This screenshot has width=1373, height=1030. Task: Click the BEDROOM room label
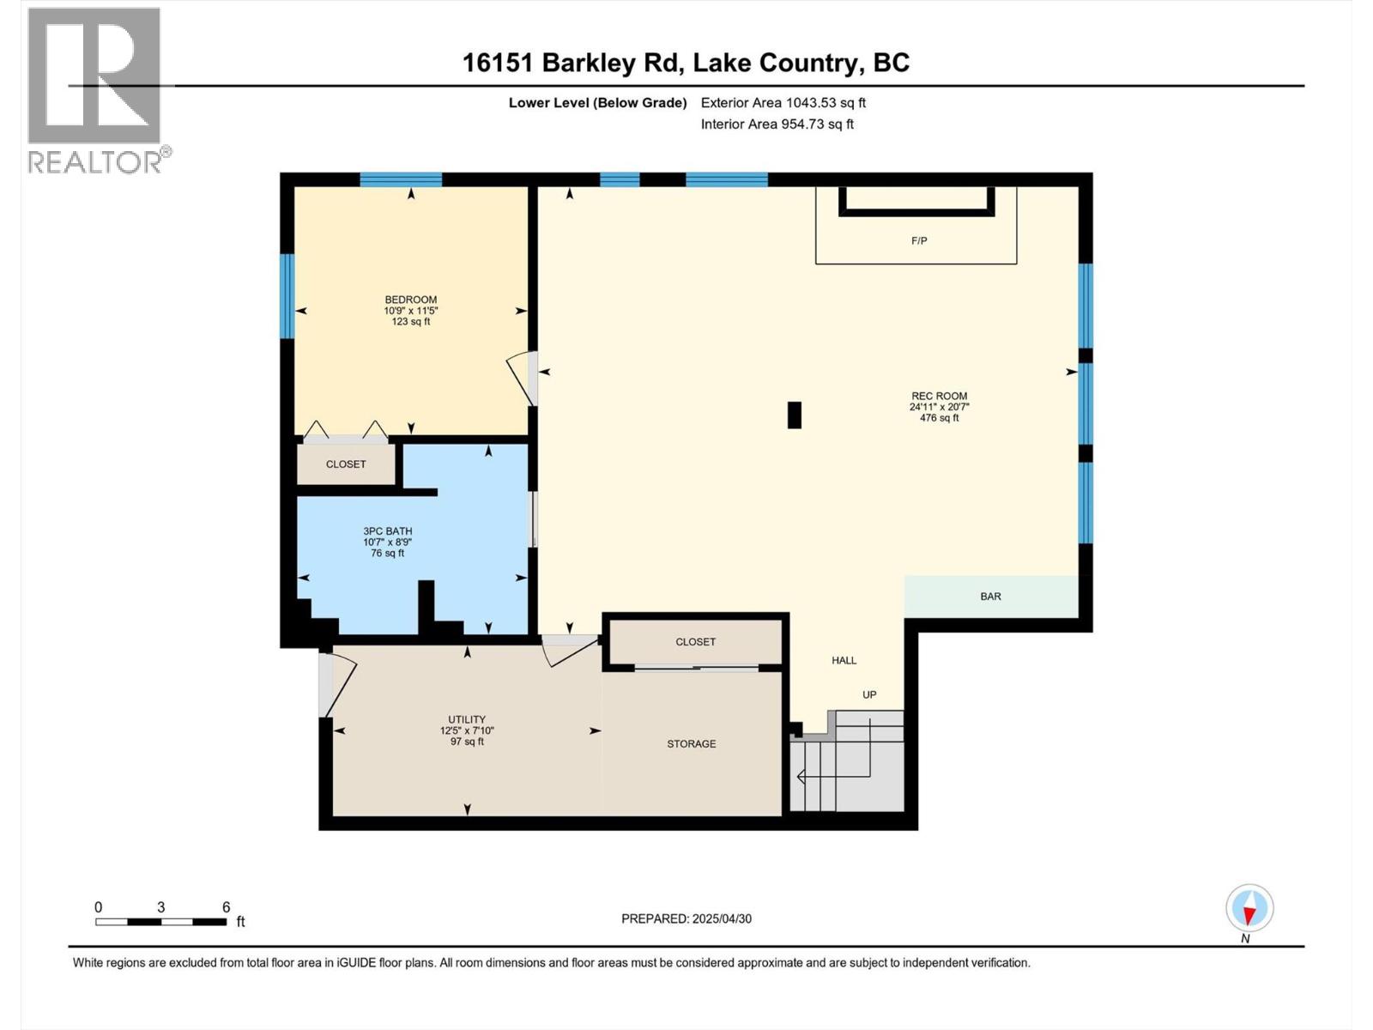pyautogui.click(x=410, y=300)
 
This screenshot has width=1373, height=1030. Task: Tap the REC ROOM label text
pyautogui.click(x=939, y=397)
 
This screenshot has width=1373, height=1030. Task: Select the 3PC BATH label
pyautogui.click(x=387, y=531)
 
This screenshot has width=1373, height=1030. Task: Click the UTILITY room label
pyautogui.click(x=467, y=719)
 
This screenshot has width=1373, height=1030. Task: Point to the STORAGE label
pyautogui.click(x=691, y=744)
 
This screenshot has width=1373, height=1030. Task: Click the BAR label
pyautogui.click(x=990, y=597)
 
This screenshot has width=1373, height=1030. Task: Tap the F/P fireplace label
pyautogui.click(x=918, y=241)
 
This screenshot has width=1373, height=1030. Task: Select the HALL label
pyautogui.click(x=844, y=660)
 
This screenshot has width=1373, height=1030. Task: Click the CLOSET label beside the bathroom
pyautogui.click(x=346, y=464)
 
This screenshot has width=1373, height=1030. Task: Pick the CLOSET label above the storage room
pyautogui.click(x=695, y=642)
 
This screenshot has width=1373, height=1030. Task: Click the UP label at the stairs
pyautogui.click(x=869, y=694)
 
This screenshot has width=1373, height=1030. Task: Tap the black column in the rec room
pyautogui.click(x=795, y=415)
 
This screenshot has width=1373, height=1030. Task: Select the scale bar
pyautogui.click(x=161, y=922)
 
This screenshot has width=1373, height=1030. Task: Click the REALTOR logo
pyautogui.click(x=96, y=90)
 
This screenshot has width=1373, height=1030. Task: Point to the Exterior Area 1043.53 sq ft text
pyautogui.click(x=783, y=103)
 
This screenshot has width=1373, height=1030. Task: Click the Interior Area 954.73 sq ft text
pyautogui.click(x=777, y=124)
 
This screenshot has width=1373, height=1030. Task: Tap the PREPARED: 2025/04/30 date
pyautogui.click(x=686, y=918)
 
